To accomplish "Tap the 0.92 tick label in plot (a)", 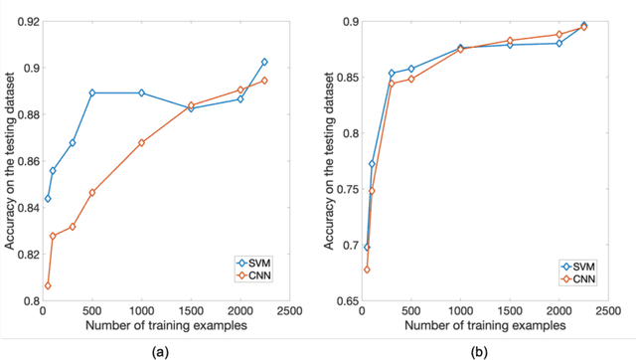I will click(x=21, y=21).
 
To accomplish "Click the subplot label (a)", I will click(x=159, y=349).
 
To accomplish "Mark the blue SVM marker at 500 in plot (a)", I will click(x=92, y=92).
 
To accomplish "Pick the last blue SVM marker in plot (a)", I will click(x=264, y=62).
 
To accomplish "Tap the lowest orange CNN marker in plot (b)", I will click(x=367, y=270).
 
